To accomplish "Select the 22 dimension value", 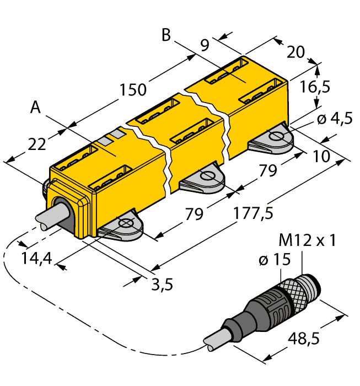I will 36,144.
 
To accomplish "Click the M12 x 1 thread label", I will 307,241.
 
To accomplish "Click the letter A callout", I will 35,108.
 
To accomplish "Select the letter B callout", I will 166,35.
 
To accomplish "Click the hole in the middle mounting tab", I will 208,176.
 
